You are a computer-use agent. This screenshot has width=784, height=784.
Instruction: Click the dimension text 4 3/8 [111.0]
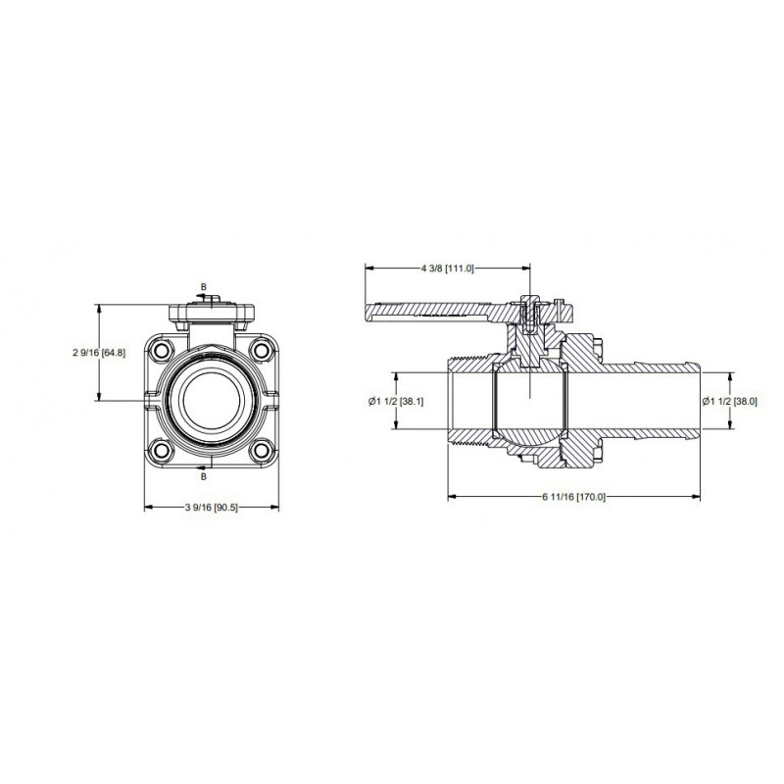[447, 269]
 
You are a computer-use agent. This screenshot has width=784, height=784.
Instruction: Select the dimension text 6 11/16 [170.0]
[573, 497]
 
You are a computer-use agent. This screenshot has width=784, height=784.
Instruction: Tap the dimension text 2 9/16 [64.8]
[99, 353]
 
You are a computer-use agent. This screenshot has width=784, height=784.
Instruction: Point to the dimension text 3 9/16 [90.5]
[212, 508]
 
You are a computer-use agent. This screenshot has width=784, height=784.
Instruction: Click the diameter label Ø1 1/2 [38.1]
[396, 401]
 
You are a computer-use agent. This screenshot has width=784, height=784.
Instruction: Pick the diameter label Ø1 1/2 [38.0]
[729, 401]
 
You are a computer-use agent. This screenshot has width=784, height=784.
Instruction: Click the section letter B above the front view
[204, 287]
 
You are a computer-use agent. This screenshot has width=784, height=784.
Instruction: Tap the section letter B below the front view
[204, 476]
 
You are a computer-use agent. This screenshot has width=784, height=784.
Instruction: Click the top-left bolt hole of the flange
[161, 350]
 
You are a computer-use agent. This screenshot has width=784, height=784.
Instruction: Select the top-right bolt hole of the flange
[261, 350]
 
